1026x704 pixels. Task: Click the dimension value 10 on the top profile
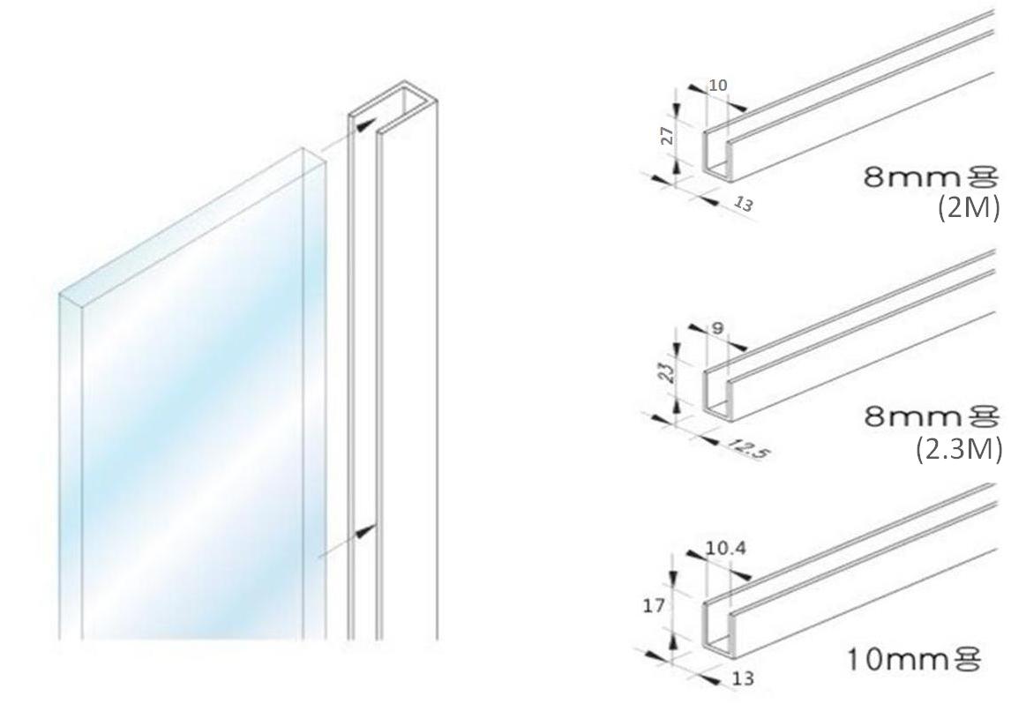click(x=718, y=85)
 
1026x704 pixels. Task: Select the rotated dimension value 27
click(x=667, y=136)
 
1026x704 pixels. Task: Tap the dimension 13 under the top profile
click(x=744, y=204)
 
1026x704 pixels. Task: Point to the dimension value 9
click(x=718, y=327)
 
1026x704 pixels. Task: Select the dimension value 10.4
click(x=725, y=548)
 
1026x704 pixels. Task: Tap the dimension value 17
click(x=653, y=606)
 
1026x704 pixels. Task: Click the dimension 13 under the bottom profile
click(x=743, y=678)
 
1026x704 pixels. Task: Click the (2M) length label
click(x=968, y=208)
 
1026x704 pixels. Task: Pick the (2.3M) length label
click(x=959, y=450)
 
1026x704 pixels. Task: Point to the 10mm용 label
click(x=914, y=660)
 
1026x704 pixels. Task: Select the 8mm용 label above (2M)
click(x=931, y=176)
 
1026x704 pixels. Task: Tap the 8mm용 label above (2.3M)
click(x=932, y=416)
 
